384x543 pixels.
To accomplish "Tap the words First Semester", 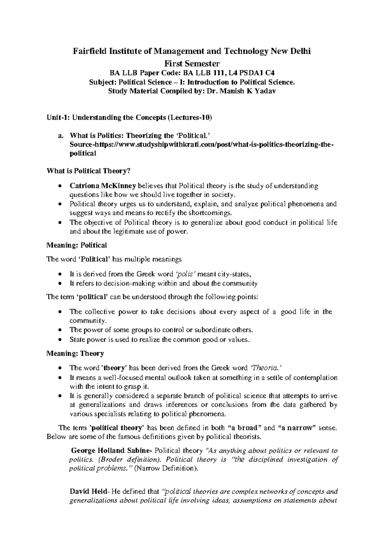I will [x=192, y=63].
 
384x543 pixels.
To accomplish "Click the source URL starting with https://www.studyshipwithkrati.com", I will [x=202, y=145].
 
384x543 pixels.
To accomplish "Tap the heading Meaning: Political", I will [x=76, y=245].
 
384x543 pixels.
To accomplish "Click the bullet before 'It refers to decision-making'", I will [x=61, y=284].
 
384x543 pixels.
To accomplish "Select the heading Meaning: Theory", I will [x=75, y=353].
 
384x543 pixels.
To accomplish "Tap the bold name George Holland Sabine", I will [x=112, y=451].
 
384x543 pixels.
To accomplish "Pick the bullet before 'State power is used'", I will [x=61, y=340].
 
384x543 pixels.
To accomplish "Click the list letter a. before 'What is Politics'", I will [x=60, y=136].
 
